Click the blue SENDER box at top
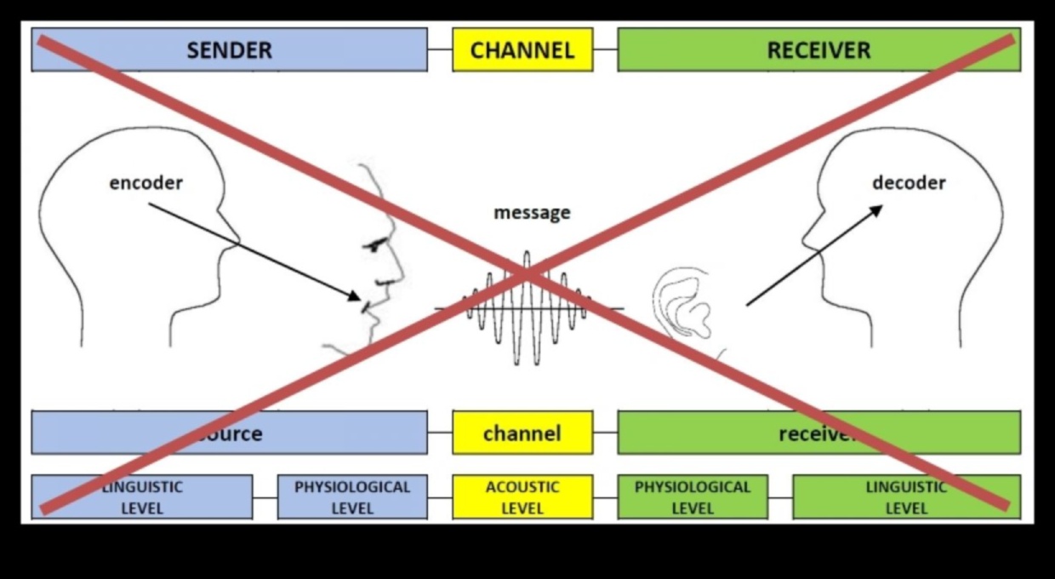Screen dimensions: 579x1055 coord(230,49)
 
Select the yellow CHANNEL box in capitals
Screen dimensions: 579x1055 coord(522,49)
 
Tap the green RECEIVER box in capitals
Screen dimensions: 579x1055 coord(818,49)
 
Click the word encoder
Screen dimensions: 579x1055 coord(145,182)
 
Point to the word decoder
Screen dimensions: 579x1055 coord(909,182)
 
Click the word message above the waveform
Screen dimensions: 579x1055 coord(532,213)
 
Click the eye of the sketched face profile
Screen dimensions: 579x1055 coord(374,245)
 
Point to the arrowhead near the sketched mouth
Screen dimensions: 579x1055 coord(355,295)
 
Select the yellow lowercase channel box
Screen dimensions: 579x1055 coord(522,433)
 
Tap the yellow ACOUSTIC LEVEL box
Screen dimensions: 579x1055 coord(522,497)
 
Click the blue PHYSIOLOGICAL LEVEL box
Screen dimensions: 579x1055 coord(352,497)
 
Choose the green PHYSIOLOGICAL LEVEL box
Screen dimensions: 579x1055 coord(693,497)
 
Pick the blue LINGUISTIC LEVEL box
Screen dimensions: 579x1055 coord(142,497)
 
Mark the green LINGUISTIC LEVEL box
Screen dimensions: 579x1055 coord(906,497)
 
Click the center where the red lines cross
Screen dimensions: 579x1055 coord(527,273)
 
